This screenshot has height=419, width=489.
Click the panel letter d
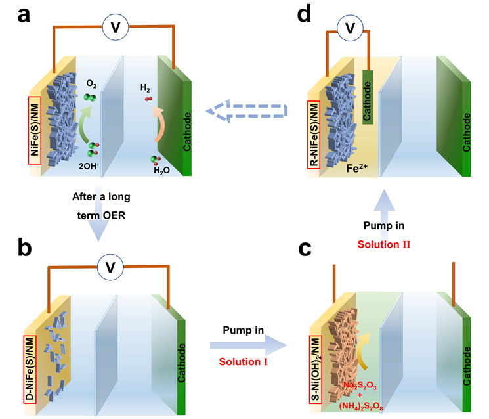(305, 15)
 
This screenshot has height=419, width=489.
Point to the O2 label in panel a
(91, 85)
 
